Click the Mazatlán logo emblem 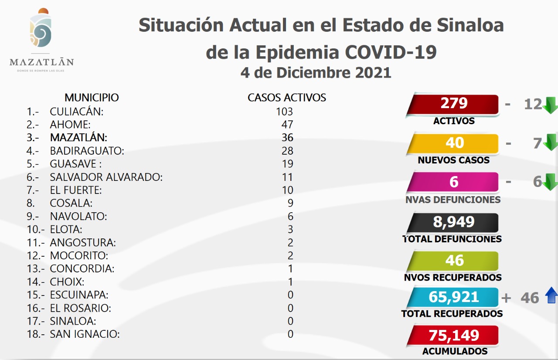point(41,30)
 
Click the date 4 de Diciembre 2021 point(316,72)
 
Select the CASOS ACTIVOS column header point(287,98)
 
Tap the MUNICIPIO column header point(92,98)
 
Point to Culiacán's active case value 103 point(284,112)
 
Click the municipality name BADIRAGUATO point(87,151)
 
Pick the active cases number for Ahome point(287,125)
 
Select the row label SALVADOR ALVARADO point(106,177)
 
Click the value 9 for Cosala point(290,203)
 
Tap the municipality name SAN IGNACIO point(85,334)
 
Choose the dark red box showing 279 point(453,104)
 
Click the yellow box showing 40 point(453,143)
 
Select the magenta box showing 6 point(453,182)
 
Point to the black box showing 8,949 point(453,222)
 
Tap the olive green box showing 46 point(453,261)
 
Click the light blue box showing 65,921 point(453,297)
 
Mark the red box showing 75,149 point(453,335)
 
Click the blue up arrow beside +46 point(551,296)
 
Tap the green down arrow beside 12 point(550,105)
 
